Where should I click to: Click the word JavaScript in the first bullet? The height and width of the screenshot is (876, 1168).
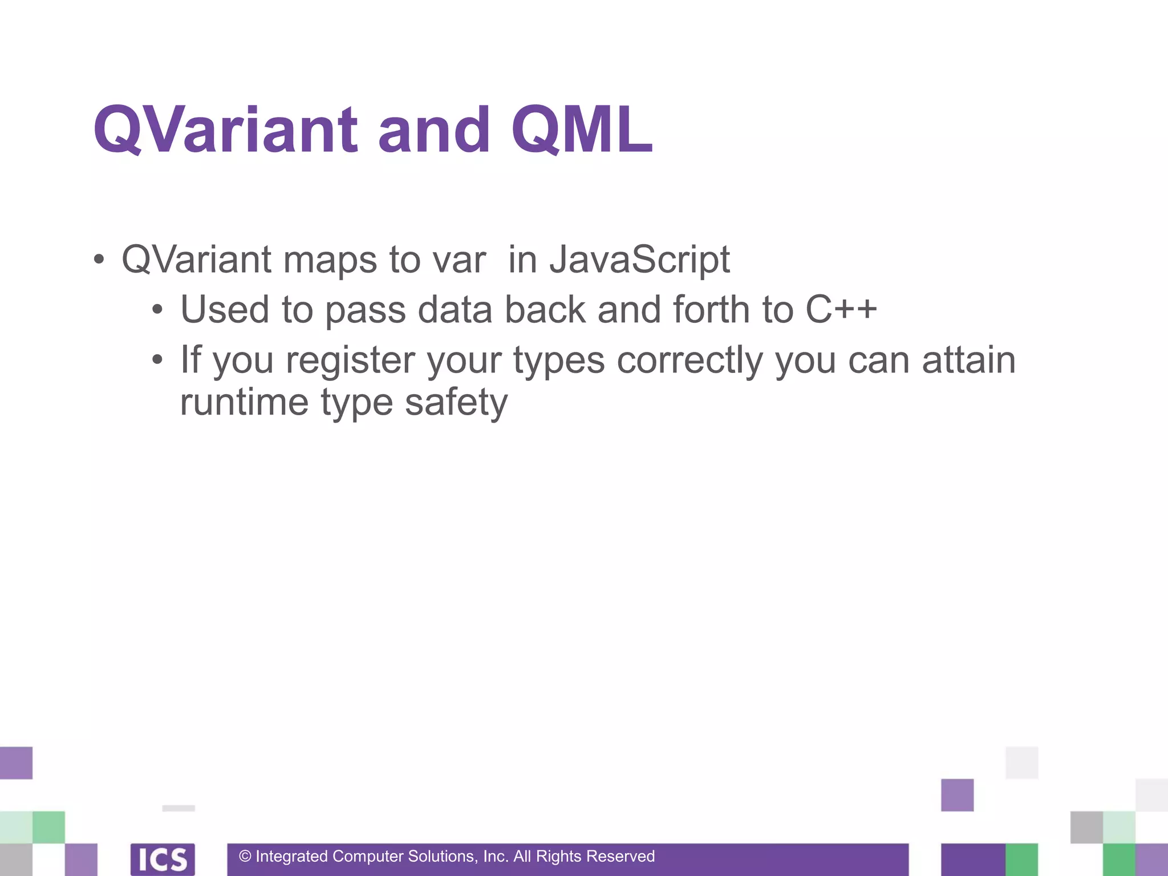639,260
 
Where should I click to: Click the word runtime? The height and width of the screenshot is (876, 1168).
244,402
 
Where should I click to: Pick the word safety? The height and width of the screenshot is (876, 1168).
456,403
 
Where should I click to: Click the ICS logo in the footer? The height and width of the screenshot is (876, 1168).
163,859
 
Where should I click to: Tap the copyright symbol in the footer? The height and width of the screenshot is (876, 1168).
245,857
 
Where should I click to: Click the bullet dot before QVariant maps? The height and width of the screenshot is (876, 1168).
99,260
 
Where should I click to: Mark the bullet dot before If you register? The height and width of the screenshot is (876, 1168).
157,360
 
